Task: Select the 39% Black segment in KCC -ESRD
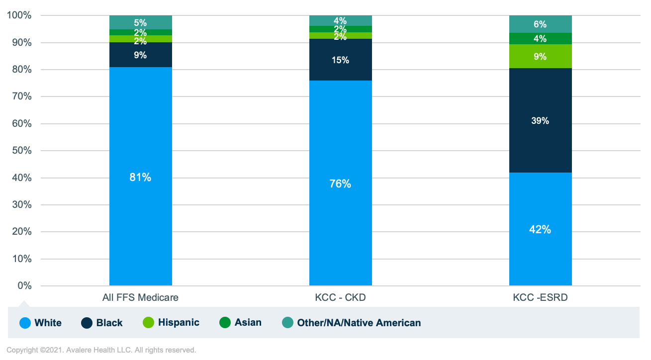click(x=540, y=120)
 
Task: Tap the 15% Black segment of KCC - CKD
click(x=340, y=60)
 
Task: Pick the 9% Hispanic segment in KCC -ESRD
click(x=540, y=56)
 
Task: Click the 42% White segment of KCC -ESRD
click(x=540, y=229)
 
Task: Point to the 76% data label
click(x=340, y=183)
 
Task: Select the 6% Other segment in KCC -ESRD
click(x=540, y=24)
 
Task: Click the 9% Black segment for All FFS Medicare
click(x=140, y=55)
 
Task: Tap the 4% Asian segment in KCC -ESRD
click(x=540, y=39)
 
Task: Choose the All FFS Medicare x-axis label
click(x=140, y=298)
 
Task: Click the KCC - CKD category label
click(x=340, y=298)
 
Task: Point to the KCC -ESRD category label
click(x=540, y=298)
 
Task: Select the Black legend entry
click(x=102, y=323)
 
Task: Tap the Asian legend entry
click(x=241, y=323)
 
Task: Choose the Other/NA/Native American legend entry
click(x=352, y=323)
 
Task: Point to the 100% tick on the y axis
click(x=19, y=15)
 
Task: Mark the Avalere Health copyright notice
click(x=101, y=350)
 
